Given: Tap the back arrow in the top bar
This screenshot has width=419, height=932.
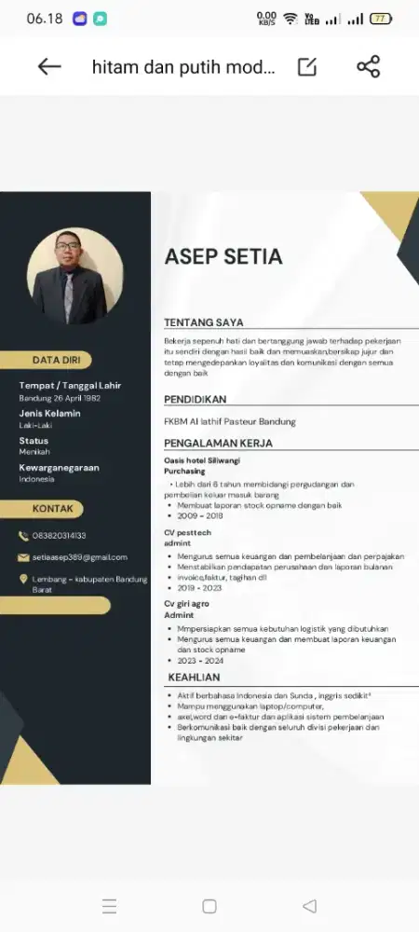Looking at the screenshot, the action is (49, 66).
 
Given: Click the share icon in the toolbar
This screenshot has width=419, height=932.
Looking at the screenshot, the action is (369, 66).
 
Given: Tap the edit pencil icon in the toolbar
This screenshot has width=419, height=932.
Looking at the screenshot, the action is (307, 66).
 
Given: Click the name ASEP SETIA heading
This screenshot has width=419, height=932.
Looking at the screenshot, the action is (223, 256).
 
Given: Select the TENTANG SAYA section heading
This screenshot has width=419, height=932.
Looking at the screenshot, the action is (204, 322).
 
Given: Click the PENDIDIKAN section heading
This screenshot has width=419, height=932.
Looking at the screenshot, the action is (196, 400).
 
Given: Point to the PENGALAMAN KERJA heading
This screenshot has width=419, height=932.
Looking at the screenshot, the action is (218, 443).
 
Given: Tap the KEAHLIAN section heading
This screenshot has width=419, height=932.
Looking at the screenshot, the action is (194, 678).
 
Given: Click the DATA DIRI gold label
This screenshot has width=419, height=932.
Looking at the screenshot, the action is (57, 360).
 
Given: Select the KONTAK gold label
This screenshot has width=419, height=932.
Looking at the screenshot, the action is (52, 509).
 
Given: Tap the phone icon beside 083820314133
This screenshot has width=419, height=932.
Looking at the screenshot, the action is (24, 536).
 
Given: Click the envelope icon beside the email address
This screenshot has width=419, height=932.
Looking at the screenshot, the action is (24, 557).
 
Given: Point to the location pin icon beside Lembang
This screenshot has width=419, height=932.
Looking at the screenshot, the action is (24, 580).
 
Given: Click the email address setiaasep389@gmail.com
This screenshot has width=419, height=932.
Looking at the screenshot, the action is (80, 557).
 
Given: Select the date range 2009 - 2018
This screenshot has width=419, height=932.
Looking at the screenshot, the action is (200, 515).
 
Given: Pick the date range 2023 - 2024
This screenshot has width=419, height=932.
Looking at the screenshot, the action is (200, 659).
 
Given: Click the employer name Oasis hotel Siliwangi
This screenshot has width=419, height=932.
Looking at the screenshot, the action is (202, 461).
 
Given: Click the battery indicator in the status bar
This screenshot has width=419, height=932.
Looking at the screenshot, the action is (381, 19).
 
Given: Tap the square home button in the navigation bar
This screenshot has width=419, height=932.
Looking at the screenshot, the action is (209, 906).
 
